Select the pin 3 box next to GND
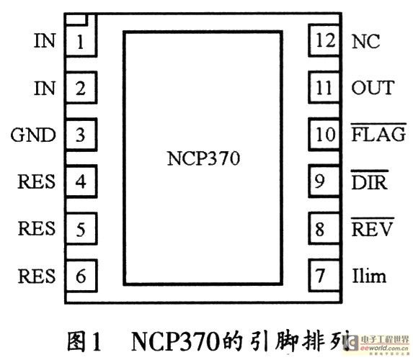click(81, 135)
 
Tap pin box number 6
click(81, 276)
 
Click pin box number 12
click(324, 40)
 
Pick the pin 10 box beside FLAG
click(324, 134)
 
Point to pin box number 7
click(324, 276)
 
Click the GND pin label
click(33, 135)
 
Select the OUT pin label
click(373, 88)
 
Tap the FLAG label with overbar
click(378, 132)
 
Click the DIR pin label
click(370, 180)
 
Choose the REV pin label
click(372, 227)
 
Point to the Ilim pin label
click(369, 276)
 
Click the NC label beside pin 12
click(365, 41)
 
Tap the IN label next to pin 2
click(45, 88)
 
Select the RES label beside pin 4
click(36, 181)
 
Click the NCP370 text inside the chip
click(203, 158)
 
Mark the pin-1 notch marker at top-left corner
click(76, 19)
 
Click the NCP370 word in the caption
click(175, 341)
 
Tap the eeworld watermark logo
click(377, 343)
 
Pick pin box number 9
click(324, 181)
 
